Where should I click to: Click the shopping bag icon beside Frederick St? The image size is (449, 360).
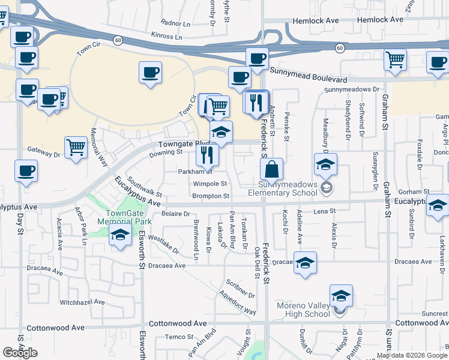click(272, 170)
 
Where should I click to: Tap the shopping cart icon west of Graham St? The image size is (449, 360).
click(396, 59)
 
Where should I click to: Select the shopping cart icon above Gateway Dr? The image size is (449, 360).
click(76, 146)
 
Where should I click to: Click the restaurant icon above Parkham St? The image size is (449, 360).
click(207, 155)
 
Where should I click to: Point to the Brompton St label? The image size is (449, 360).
click(211, 196)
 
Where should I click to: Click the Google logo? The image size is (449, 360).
click(20, 353)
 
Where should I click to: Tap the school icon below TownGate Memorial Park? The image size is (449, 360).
click(121, 236)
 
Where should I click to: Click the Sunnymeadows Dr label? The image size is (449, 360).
click(352, 89)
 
